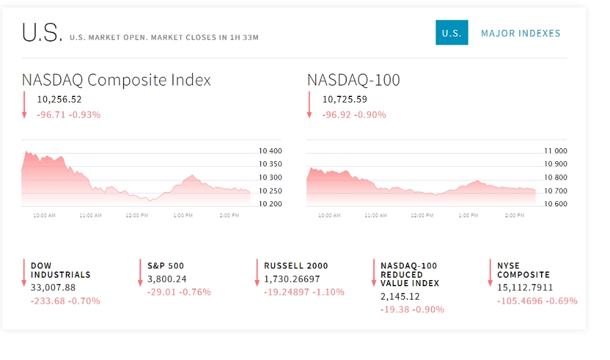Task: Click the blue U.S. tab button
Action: point(451,33)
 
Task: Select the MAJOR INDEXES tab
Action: point(520,33)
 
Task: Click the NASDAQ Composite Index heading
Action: point(116,80)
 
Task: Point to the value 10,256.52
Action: point(59,99)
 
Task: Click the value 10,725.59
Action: point(345,99)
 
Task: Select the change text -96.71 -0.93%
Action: point(68,115)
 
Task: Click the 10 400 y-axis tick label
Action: point(270,151)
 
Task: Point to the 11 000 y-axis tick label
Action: point(555,151)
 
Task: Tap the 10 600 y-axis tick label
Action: point(555,204)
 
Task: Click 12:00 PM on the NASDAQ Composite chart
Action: point(137,216)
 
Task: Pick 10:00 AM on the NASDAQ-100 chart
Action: point(329,216)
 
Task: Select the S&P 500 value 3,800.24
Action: point(167,279)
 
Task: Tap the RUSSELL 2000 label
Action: point(296,266)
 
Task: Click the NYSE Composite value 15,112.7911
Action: point(525,287)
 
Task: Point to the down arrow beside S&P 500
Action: point(141,272)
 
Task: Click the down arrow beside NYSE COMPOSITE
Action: point(490,272)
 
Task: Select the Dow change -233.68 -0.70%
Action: point(65,301)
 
